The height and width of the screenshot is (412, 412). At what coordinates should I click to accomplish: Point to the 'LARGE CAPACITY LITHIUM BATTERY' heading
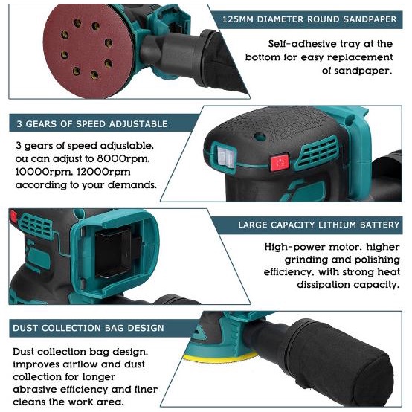[318, 224]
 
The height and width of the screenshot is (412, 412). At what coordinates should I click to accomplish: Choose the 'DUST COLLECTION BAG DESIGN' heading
[88, 327]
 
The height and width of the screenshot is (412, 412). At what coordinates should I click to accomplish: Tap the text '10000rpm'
[38, 172]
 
